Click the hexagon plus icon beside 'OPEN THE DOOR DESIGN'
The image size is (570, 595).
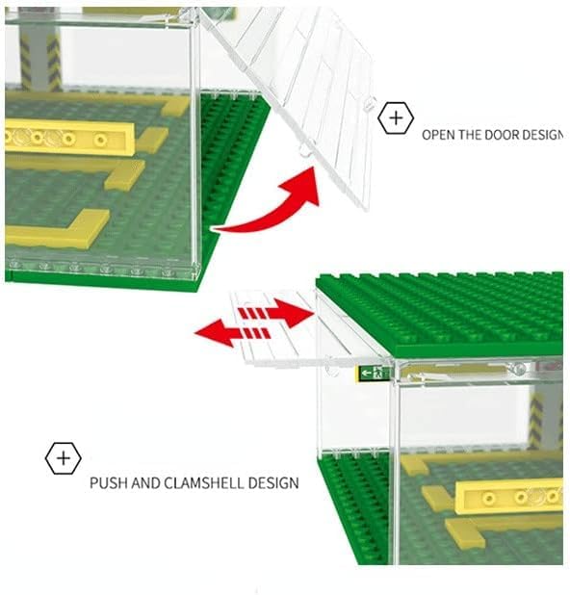click(396, 118)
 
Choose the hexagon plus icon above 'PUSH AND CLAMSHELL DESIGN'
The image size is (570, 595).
click(63, 458)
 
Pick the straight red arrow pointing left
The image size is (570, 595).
click(232, 333)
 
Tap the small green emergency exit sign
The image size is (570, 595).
click(374, 373)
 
